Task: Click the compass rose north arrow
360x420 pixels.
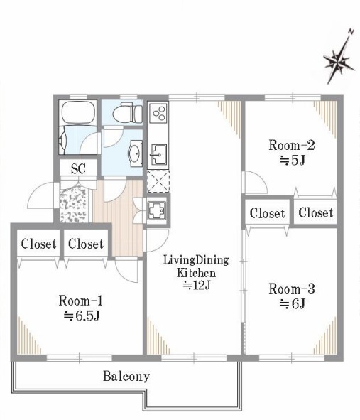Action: tap(339, 58)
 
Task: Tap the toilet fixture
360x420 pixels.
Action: tap(127, 113)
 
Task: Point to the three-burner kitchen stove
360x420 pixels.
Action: tap(158, 112)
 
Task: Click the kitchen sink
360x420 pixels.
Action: tap(159, 154)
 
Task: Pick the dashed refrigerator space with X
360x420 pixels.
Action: tap(158, 181)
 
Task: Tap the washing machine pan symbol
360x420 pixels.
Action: tap(157, 210)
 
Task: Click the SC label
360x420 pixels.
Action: tap(78, 168)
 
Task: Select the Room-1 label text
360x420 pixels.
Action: tap(80, 301)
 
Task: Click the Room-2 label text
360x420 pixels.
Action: tap(292, 145)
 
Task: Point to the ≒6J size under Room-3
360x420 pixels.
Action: tap(292, 303)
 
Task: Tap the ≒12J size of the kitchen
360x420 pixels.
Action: tap(196, 286)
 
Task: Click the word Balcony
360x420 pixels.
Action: tap(126, 377)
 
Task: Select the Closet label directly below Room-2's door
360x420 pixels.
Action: tap(267, 213)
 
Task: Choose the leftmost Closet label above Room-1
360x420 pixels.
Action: tap(38, 244)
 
